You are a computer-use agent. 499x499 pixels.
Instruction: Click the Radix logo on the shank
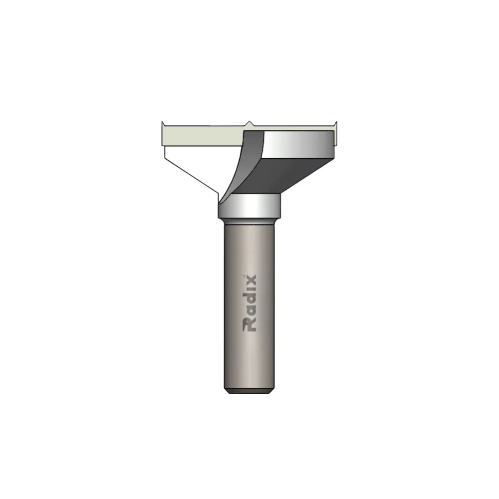pos(249,303)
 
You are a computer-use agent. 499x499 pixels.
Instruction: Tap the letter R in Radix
pos(249,325)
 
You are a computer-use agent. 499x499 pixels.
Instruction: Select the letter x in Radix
pos(249,280)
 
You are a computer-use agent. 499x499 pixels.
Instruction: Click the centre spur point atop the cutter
pos(249,122)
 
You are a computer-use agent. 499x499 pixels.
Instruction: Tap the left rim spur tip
pos(163,123)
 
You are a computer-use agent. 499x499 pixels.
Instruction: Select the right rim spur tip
pos(334,123)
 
